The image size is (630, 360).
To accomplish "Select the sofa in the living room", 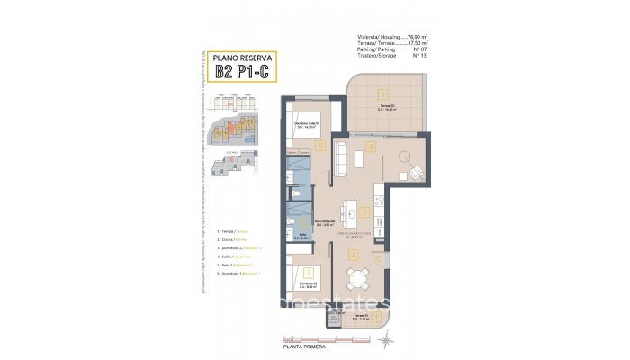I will coord(340,159).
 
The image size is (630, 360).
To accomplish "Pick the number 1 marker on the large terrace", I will coord(382,94).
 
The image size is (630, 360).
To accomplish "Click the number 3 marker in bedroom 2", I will coord(309,272).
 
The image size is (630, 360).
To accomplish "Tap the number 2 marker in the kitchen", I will coord(364,213).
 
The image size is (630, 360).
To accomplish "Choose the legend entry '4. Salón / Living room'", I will coord(232,256).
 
